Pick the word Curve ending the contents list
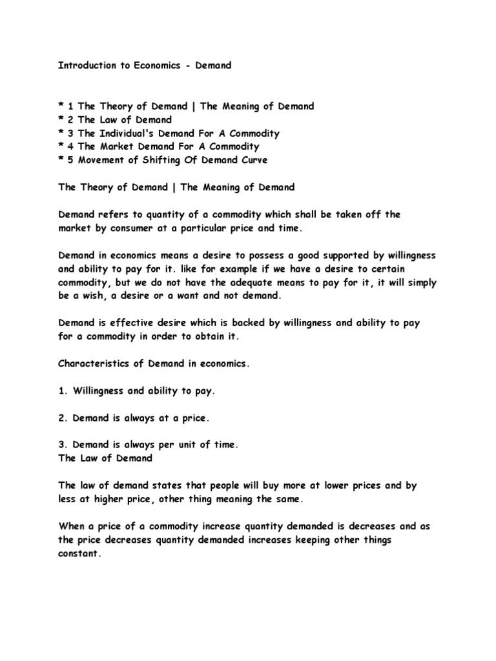tap(253, 160)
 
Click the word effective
tap(139, 321)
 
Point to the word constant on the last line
tap(79, 553)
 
